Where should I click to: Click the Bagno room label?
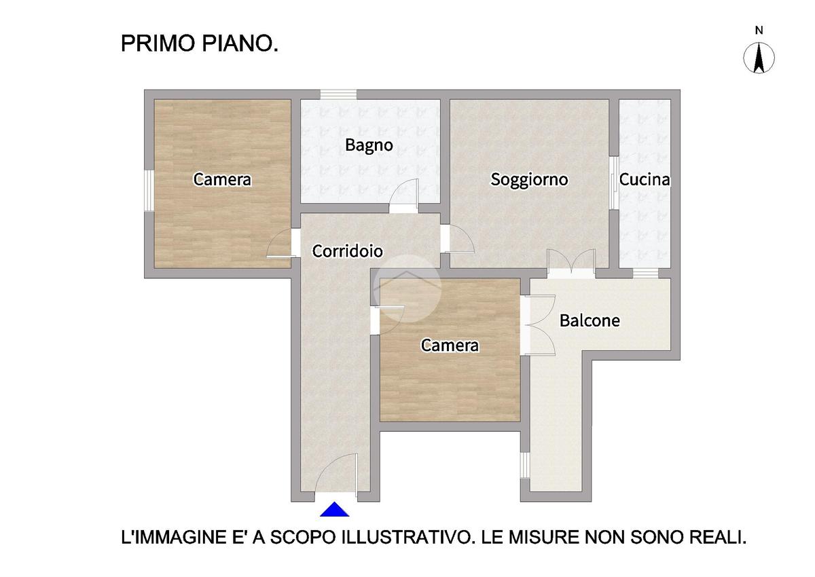click(x=369, y=145)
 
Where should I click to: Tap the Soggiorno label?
click(x=529, y=180)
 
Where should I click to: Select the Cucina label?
click(x=645, y=179)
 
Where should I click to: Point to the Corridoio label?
click(x=348, y=251)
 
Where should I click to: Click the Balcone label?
click(x=590, y=320)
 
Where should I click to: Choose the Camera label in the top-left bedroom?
click(x=222, y=179)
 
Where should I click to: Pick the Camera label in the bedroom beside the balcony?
click(x=450, y=345)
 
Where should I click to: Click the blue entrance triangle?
click(x=334, y=509)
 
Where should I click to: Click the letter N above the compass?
click(x=759, y=31)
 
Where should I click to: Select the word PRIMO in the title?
click(x=158, y=43)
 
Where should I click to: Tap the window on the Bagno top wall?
click(x=338, y=94)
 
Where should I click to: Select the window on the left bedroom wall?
click(x=149, y=191)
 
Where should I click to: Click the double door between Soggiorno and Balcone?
click(x=571, y=263)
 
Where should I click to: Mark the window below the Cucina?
click(x=646, y=274)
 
